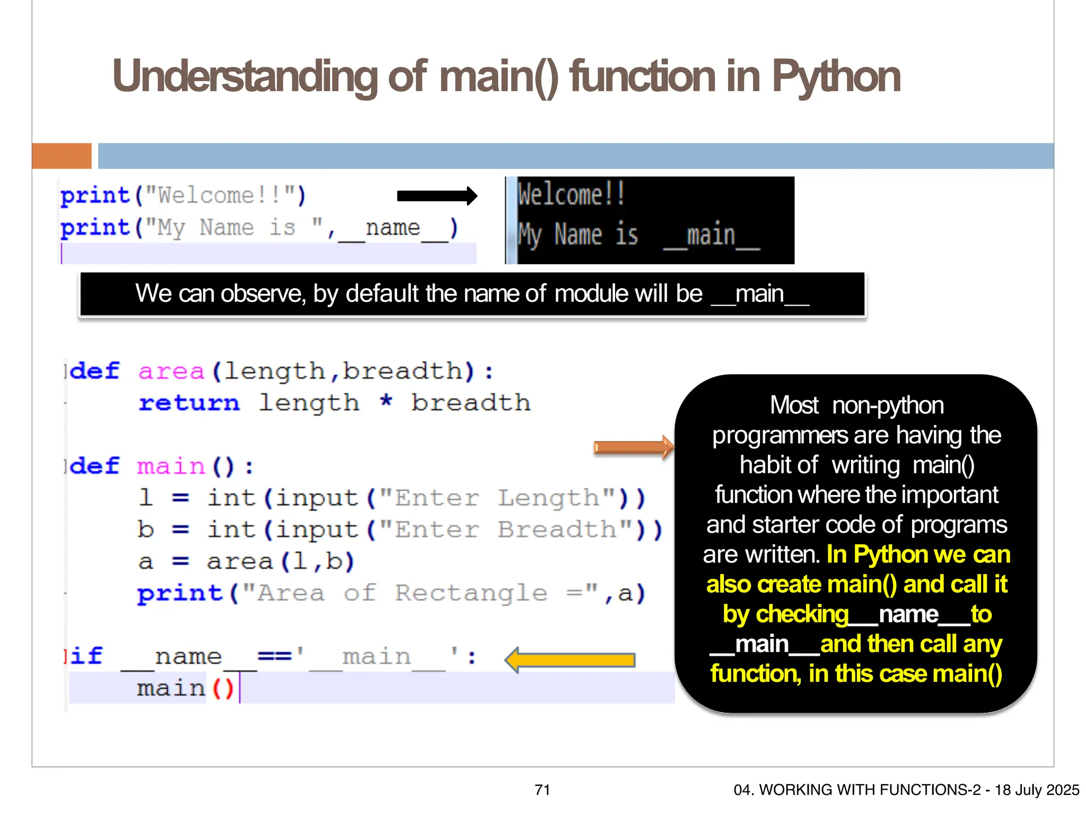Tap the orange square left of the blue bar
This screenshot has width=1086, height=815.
pos(62,156)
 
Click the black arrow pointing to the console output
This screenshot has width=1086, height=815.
pos(437,196)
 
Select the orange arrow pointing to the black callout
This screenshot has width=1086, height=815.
pos(633,448)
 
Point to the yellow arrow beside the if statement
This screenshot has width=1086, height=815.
pos(570,660)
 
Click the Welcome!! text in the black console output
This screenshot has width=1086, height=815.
pos(572,194)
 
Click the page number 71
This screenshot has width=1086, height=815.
pos(542,790)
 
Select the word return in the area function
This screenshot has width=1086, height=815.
pos(189,403)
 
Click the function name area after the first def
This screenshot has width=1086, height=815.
pos(171,371)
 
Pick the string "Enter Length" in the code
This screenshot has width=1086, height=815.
pos(497,498)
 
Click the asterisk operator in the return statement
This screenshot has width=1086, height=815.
pos(386,402)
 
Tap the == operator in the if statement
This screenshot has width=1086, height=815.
pos(274,656)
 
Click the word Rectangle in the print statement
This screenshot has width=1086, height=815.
pos(471,593)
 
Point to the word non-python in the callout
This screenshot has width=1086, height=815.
pos(888,406)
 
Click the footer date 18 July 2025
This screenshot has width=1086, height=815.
pos(1037,790)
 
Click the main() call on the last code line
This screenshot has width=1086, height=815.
pos(185,689)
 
